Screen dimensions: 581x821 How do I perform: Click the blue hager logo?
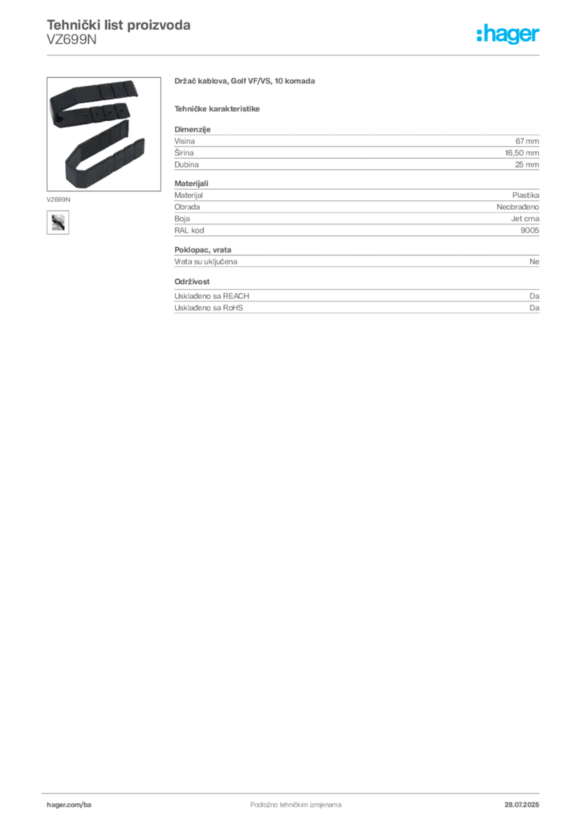[509, 36]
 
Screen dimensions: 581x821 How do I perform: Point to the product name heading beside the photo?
[247, 83]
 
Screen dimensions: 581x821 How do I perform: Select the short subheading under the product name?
[218, 108]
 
